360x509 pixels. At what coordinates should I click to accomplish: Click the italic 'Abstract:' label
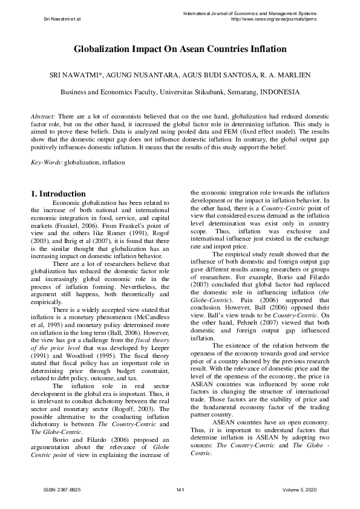pyautogui.click(x=43, y=115)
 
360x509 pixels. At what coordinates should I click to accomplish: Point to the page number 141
pyautogui.click(x=180, y=488)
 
